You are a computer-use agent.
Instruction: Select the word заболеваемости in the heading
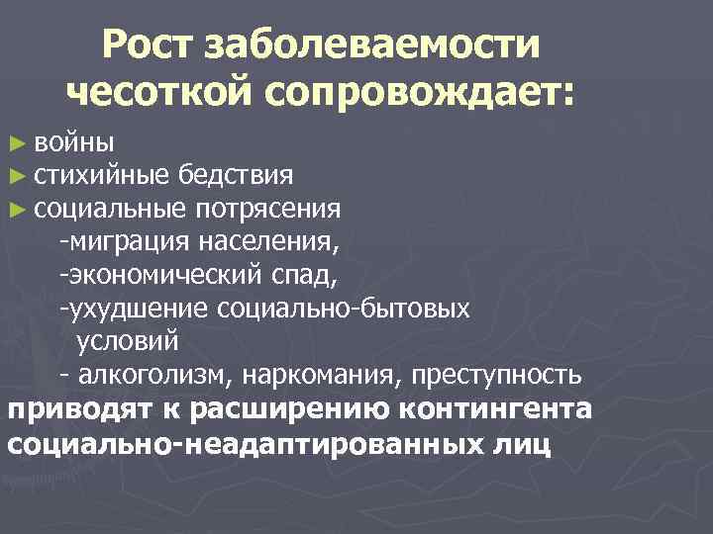coord(372,45)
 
